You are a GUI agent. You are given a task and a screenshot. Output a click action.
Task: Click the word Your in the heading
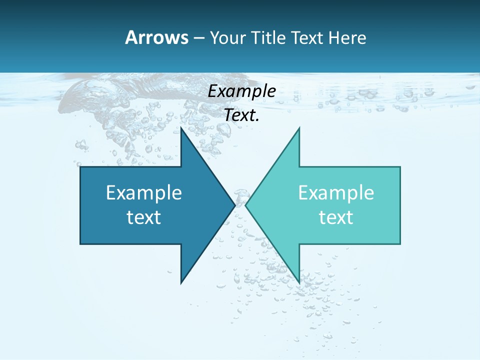226,38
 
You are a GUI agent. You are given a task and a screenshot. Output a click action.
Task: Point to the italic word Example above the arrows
241,91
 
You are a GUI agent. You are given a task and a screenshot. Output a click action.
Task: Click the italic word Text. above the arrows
241,115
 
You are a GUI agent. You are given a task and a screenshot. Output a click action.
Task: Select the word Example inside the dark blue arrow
144,192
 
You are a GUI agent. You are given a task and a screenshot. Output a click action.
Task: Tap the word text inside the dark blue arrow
144,217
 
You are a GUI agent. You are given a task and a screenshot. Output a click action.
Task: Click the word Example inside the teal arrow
336,192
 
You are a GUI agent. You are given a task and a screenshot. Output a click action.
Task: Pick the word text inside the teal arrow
336,217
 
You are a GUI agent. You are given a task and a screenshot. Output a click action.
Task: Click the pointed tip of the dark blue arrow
235,205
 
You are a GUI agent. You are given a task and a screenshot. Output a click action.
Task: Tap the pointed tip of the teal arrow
245,205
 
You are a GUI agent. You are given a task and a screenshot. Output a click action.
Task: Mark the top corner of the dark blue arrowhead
181,127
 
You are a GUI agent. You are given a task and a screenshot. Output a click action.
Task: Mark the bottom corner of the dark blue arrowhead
181,283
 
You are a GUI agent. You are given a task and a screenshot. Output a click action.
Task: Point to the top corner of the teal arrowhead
299,127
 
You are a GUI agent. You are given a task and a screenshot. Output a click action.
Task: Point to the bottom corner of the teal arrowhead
299,283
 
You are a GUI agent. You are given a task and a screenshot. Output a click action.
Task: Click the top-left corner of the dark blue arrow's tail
80,167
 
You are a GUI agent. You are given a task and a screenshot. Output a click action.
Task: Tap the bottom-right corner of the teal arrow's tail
400,244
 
